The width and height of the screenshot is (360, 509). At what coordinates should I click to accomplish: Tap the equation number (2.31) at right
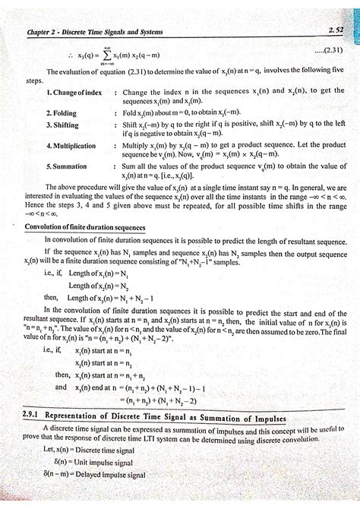point(327,51)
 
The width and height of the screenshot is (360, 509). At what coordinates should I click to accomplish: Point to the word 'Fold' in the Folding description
point(131,113)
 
